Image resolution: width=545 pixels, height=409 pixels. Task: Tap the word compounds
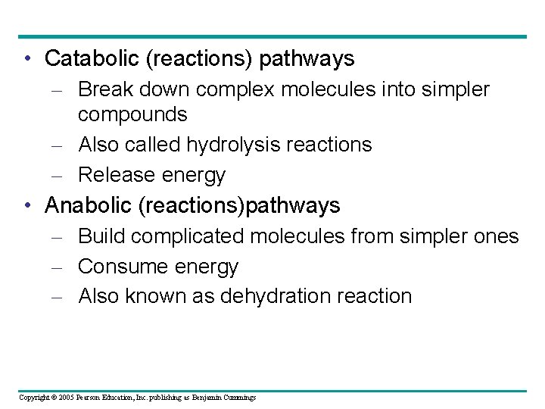click(132, 114)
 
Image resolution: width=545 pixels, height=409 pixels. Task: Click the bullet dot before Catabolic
click(27, 58)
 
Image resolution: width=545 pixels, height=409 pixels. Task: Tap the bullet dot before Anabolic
click(27, 205)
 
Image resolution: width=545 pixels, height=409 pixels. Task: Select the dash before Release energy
click(61, 176)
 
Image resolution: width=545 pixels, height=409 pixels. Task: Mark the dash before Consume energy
click(61, 267)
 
